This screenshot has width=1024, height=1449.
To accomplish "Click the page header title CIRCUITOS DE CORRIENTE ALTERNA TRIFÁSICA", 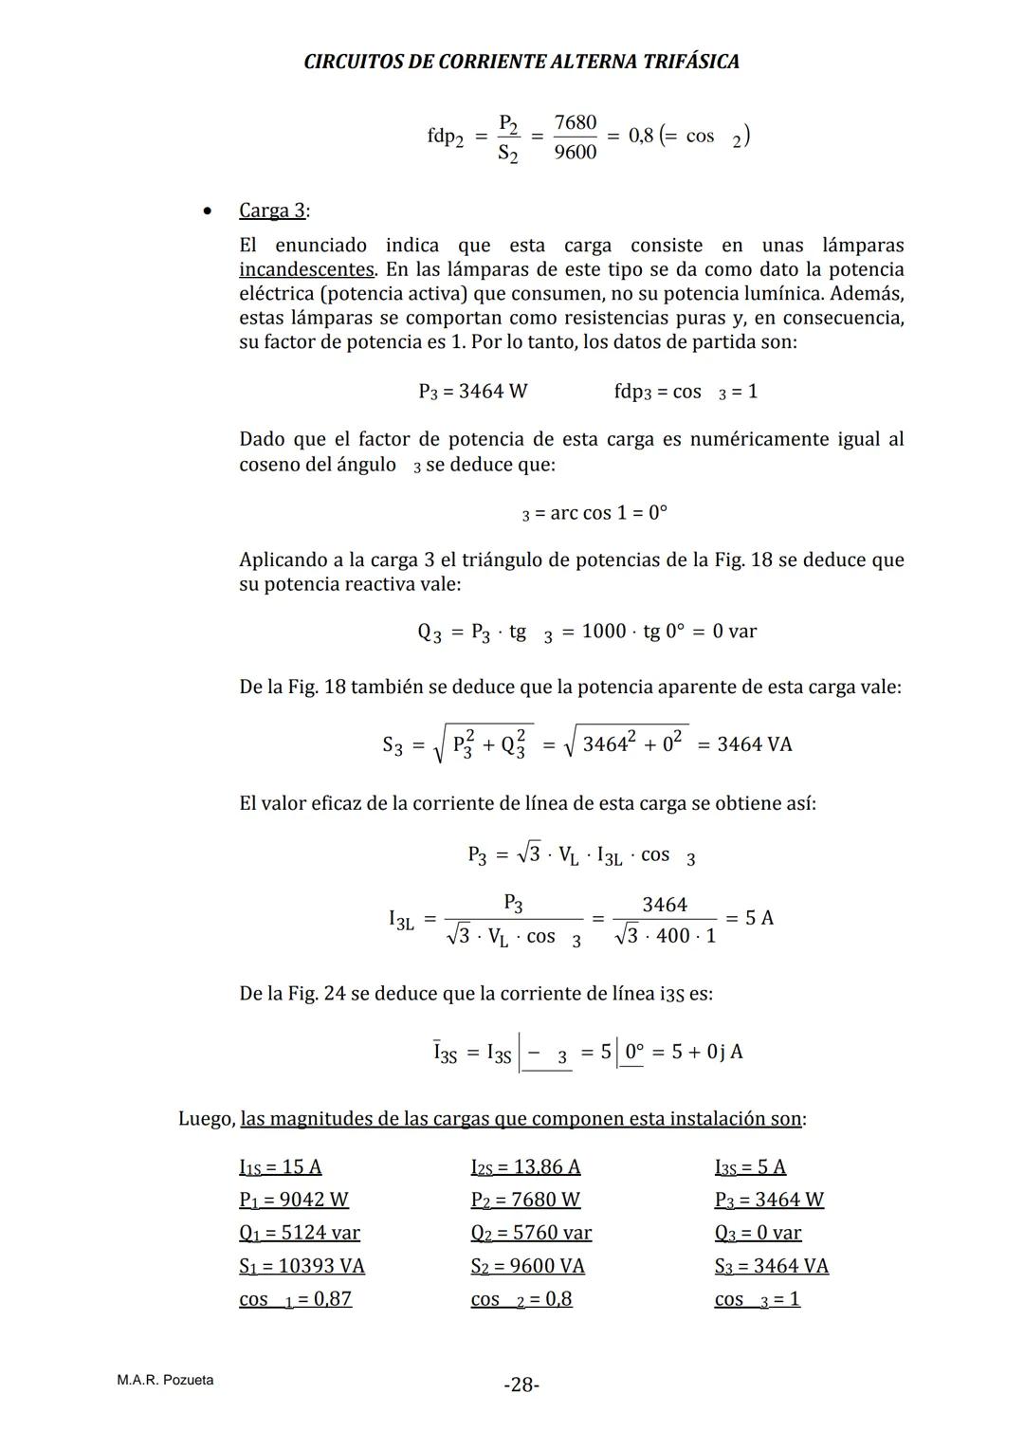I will (x=521, y=62).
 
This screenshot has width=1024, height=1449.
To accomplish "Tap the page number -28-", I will (x=521, y=1385).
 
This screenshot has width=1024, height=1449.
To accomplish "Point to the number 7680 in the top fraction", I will (x=576, y=122).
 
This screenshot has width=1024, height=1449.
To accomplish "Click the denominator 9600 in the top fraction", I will (x=576, y=152).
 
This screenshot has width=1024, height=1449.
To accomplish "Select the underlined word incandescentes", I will (x=307, y=269).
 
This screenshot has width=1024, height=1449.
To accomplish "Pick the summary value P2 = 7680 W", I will (x=525, y=1200).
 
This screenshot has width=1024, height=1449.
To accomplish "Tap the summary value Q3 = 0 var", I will (x=758, y=1233).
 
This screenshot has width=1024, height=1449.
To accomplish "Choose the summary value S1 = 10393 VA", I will (x=302, y=1266).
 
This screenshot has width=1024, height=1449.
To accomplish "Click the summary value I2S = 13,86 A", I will (x=525, y=1166).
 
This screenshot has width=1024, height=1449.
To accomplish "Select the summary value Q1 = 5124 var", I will (x=300, y=1233).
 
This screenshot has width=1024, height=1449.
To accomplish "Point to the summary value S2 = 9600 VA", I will (x=527, y=1266).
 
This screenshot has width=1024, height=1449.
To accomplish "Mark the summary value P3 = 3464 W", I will (x=769, y=1200).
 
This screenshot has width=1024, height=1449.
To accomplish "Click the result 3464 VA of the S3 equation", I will (x=754, y=744).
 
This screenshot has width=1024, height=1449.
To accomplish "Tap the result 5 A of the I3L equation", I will (x=759, y=918).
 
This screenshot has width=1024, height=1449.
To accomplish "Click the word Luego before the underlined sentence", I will (x=206, y=1119).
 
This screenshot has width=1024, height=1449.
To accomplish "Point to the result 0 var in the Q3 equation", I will (x=734, y=632).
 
